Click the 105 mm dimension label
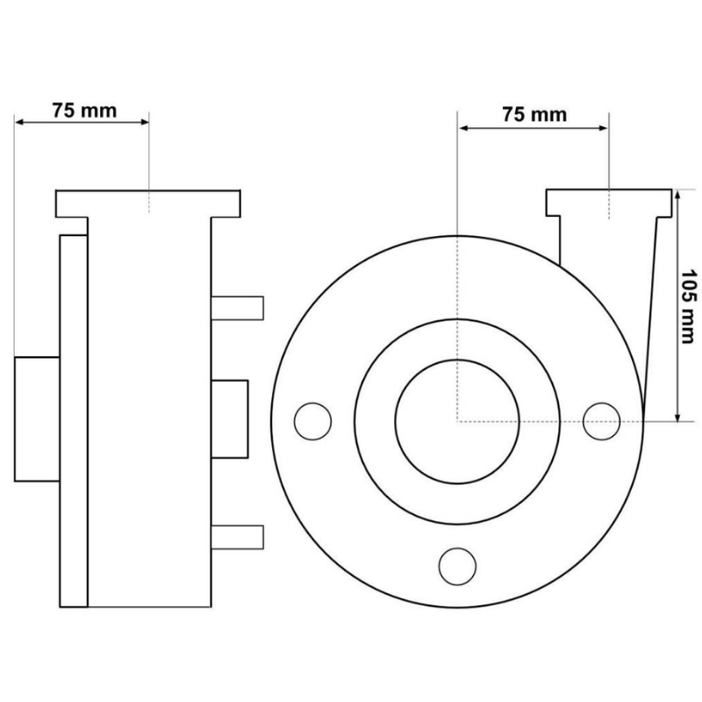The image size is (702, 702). pyautogui.click(x=689, y=306)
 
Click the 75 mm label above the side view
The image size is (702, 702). pyautogui.click(x=84, y=111)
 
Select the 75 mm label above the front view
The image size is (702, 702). pyautogui.click(x=534, y=115)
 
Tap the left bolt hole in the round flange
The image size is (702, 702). pyautogui.click(x=313, y=421)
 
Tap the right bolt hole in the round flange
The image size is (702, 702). pyautogui.click(x=601, y=421)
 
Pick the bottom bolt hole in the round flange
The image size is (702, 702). pyautogui.click(x=457, y=566)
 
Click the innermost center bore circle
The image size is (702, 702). pyautogui.click(x=457, y=421)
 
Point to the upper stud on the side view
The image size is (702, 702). pyautogui.click(x=237, y=308)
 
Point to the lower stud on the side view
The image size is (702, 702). pyautogui.click(x=237, y=537)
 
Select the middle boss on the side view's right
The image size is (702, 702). pyautogui.click(x=229, y=419)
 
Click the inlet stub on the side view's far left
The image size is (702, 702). pyautogui.click(x=37, y=419)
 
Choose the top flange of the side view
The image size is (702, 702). pyautogui.click(x=148, y=204)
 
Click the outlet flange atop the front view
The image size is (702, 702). pyautogui.click(x=609, y=203)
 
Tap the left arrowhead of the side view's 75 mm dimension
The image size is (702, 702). pyautogui.click(x=19, y=122)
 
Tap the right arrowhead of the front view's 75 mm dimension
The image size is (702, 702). pyautogui.click(x=603, y=128)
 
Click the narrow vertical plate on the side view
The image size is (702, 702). pyautogui.click(x=74, y=421)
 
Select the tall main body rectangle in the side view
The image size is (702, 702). pyautogui.click(x=149, y=412)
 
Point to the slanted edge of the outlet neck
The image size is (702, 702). pyautogui.click(x=650, y=319)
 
